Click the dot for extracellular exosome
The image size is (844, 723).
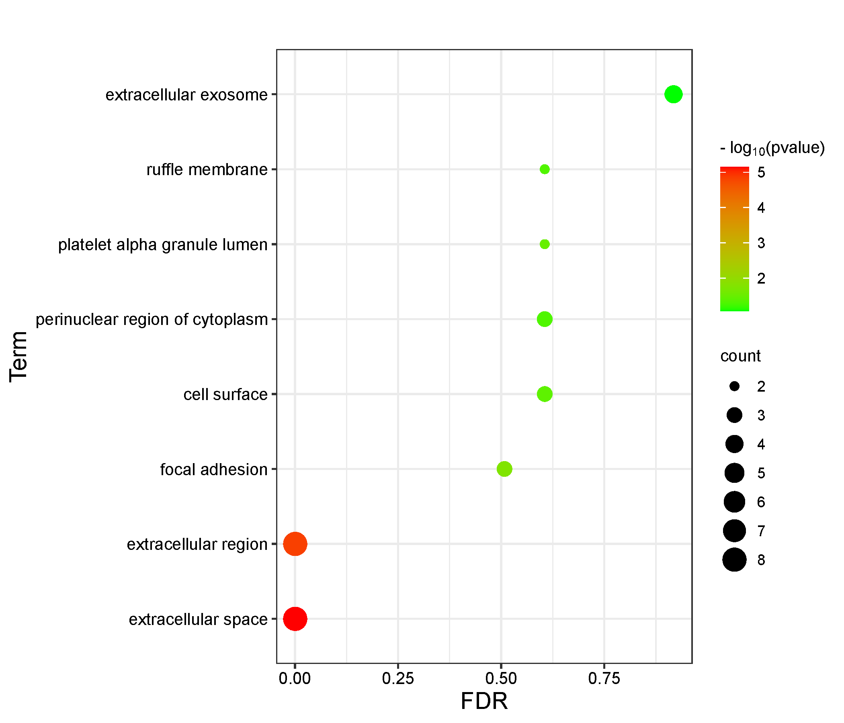(673, 94)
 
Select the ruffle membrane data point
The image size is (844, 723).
(545, 170)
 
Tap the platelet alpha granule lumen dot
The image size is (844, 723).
(545, 244)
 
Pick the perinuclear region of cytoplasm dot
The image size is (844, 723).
(545, 319)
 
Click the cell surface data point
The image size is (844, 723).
(545, 394)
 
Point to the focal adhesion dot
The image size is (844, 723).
(504, 469)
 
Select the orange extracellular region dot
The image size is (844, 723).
(295, 544)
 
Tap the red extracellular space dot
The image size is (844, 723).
(295, 619)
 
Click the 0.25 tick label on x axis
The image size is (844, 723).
(398, 679)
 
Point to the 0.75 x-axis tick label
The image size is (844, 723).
(604, 679)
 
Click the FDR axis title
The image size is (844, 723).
(484, 701)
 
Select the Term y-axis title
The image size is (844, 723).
(19, 357)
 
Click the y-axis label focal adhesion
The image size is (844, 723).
(213, 470)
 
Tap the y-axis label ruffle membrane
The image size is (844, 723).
(207, 170)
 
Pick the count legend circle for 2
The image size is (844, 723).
(734, 386)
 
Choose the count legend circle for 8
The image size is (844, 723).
(734, 560)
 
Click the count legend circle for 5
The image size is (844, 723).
(734, 473)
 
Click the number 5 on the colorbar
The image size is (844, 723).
(761, 173)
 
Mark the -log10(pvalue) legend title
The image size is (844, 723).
(772, 148)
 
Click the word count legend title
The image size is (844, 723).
(740, 356)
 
